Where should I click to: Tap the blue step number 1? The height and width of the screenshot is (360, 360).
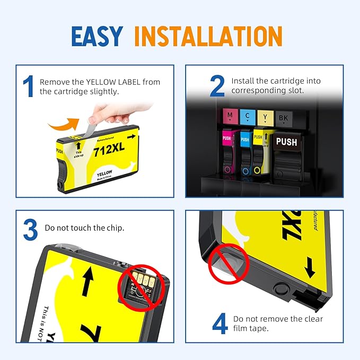click(x=29, y=87)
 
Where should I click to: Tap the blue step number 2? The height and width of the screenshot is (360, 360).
click(x=217, y=86)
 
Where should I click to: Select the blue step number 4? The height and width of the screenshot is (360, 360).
click(x=220, y=324)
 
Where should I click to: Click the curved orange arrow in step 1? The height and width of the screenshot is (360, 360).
click(x=66, y=125)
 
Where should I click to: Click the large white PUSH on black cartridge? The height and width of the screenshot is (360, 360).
click(x=287, y=142)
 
